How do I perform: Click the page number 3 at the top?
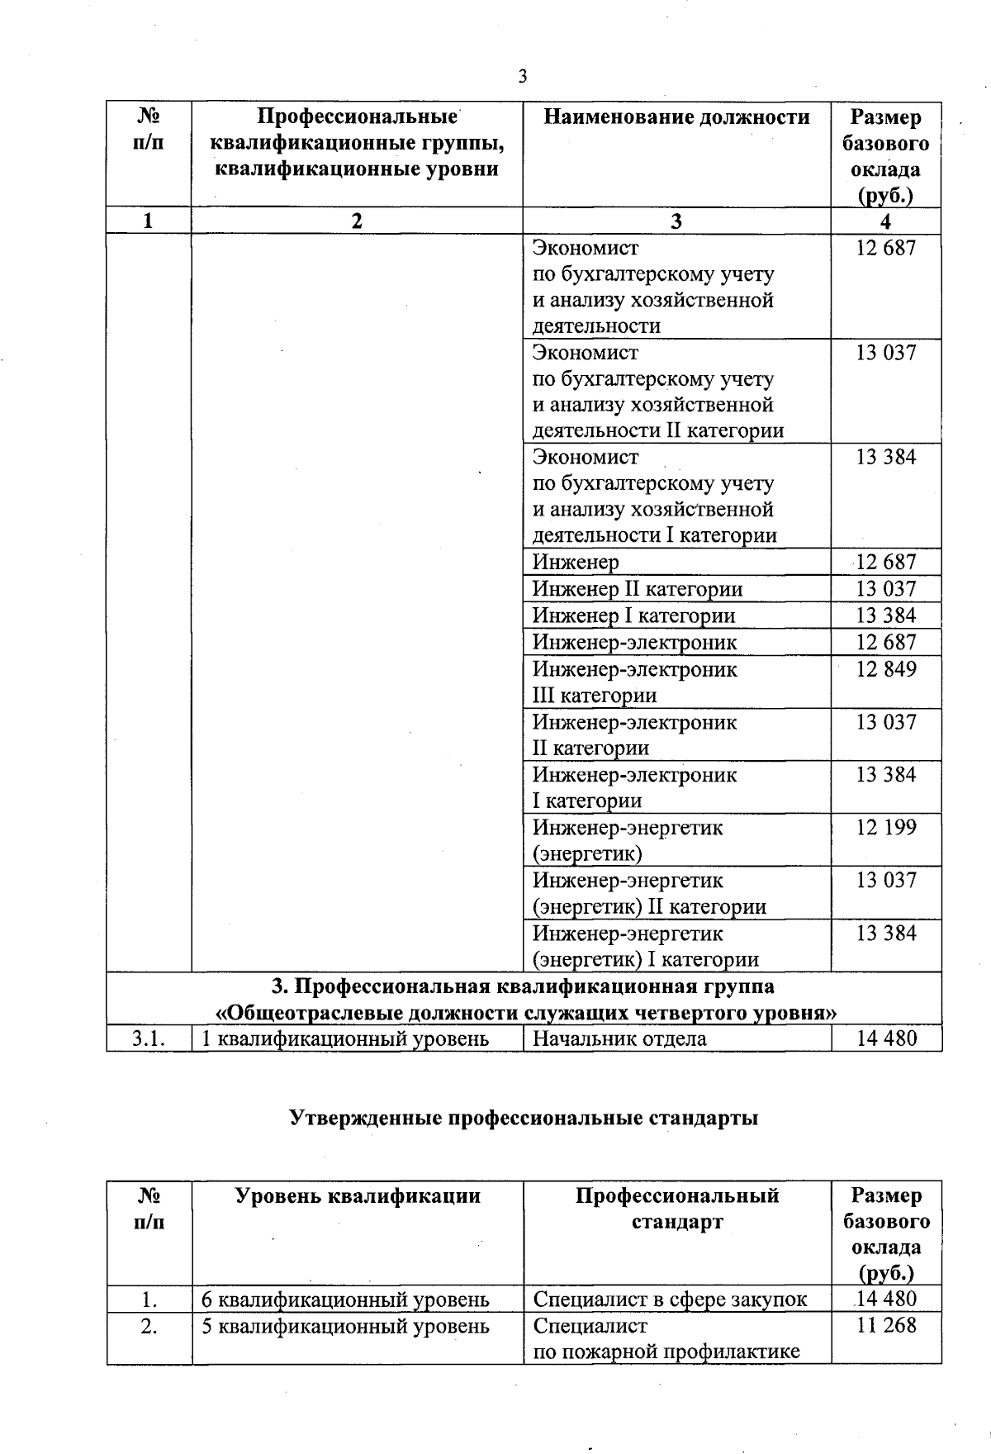(523, 77)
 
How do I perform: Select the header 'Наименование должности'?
(676, 117)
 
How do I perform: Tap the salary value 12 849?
(886, 668)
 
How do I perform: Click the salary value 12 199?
(886, 827)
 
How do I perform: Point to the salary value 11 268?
(886, 1325)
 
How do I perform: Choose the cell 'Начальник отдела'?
(619, 1038)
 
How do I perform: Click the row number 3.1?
(149, 1038)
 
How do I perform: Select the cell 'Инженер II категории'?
(638, 589)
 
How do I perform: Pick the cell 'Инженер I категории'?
(633, 615)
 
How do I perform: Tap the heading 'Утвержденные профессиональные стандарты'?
(524, 1118)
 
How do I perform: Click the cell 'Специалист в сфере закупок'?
(670, 1299)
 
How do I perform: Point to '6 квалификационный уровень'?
(346, 1299)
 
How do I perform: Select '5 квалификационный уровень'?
(346, 1325)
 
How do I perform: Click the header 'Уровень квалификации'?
(358, 1195)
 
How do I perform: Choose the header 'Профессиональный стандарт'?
(677, 1208)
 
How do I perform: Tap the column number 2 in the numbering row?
(356, 221)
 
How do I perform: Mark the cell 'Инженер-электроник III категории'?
(634, 682)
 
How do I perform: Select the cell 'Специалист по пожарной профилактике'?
(666, 1338)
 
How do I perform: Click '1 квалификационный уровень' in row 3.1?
(346, 1038)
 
